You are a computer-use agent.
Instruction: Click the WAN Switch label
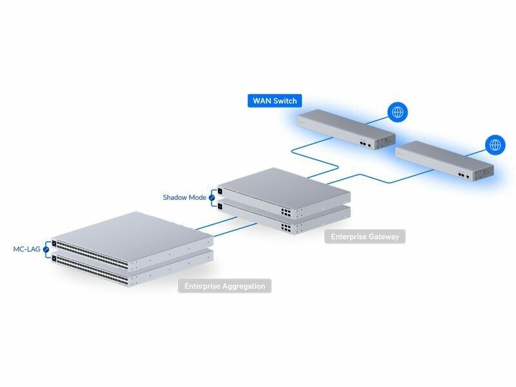(275, 101)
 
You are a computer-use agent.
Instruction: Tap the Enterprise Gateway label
(365, 237)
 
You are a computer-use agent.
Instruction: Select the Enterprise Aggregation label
(224, 286)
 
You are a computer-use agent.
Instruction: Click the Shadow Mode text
(184, 197)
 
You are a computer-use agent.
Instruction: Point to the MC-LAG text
(26, 248)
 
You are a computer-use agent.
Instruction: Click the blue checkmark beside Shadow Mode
(212, 197)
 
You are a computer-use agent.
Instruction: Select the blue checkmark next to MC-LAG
(46, 248)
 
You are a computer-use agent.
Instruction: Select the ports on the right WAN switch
(462, 174)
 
